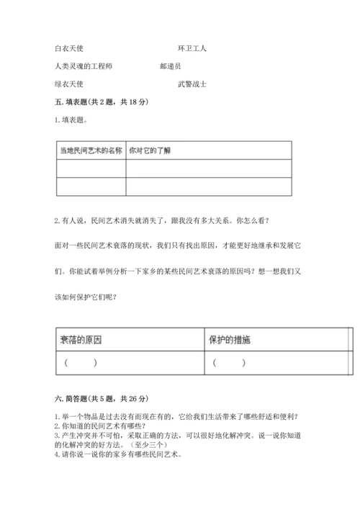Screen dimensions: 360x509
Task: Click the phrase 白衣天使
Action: (69, 48)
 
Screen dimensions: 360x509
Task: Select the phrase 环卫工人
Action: (192, 48)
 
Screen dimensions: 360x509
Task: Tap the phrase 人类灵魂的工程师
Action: (83, 66)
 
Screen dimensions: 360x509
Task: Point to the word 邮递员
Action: (171, 66)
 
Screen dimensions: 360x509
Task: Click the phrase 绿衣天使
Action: (69, 84)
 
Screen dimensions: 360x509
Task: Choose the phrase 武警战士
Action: (192, 84)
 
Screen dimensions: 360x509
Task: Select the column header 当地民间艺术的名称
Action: (91, 150)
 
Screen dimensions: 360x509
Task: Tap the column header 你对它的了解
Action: (150, 150)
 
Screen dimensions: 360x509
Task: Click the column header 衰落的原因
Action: (81, 339)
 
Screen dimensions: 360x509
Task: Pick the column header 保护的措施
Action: (230, 339)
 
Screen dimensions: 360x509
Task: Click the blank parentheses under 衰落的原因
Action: (80, 363)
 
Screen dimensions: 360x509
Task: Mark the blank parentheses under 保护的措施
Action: (230, 363)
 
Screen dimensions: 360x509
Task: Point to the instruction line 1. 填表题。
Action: (73, 120)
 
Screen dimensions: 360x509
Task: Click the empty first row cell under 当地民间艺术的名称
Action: (91, 168)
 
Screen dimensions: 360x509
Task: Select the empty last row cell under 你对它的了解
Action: (209, 186)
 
